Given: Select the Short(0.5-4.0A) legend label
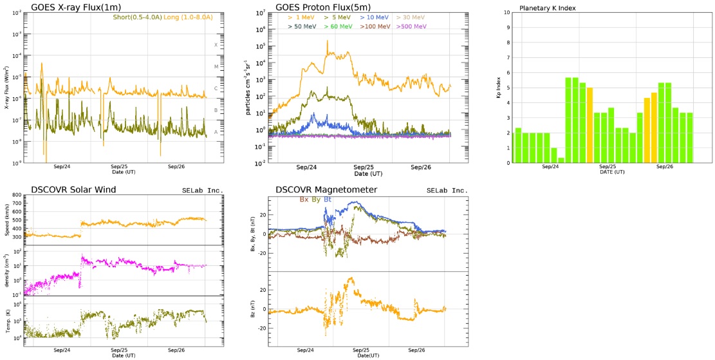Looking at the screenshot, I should [135, 16].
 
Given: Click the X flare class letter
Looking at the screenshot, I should [216, 45].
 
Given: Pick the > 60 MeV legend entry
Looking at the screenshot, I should [338, 26].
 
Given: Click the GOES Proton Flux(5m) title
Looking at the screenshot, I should [323, 7].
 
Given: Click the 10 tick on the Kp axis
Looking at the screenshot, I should [508, 12].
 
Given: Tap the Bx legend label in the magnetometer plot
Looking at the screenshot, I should [304, 200].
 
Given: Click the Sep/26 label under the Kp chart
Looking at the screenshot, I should [664, 167].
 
